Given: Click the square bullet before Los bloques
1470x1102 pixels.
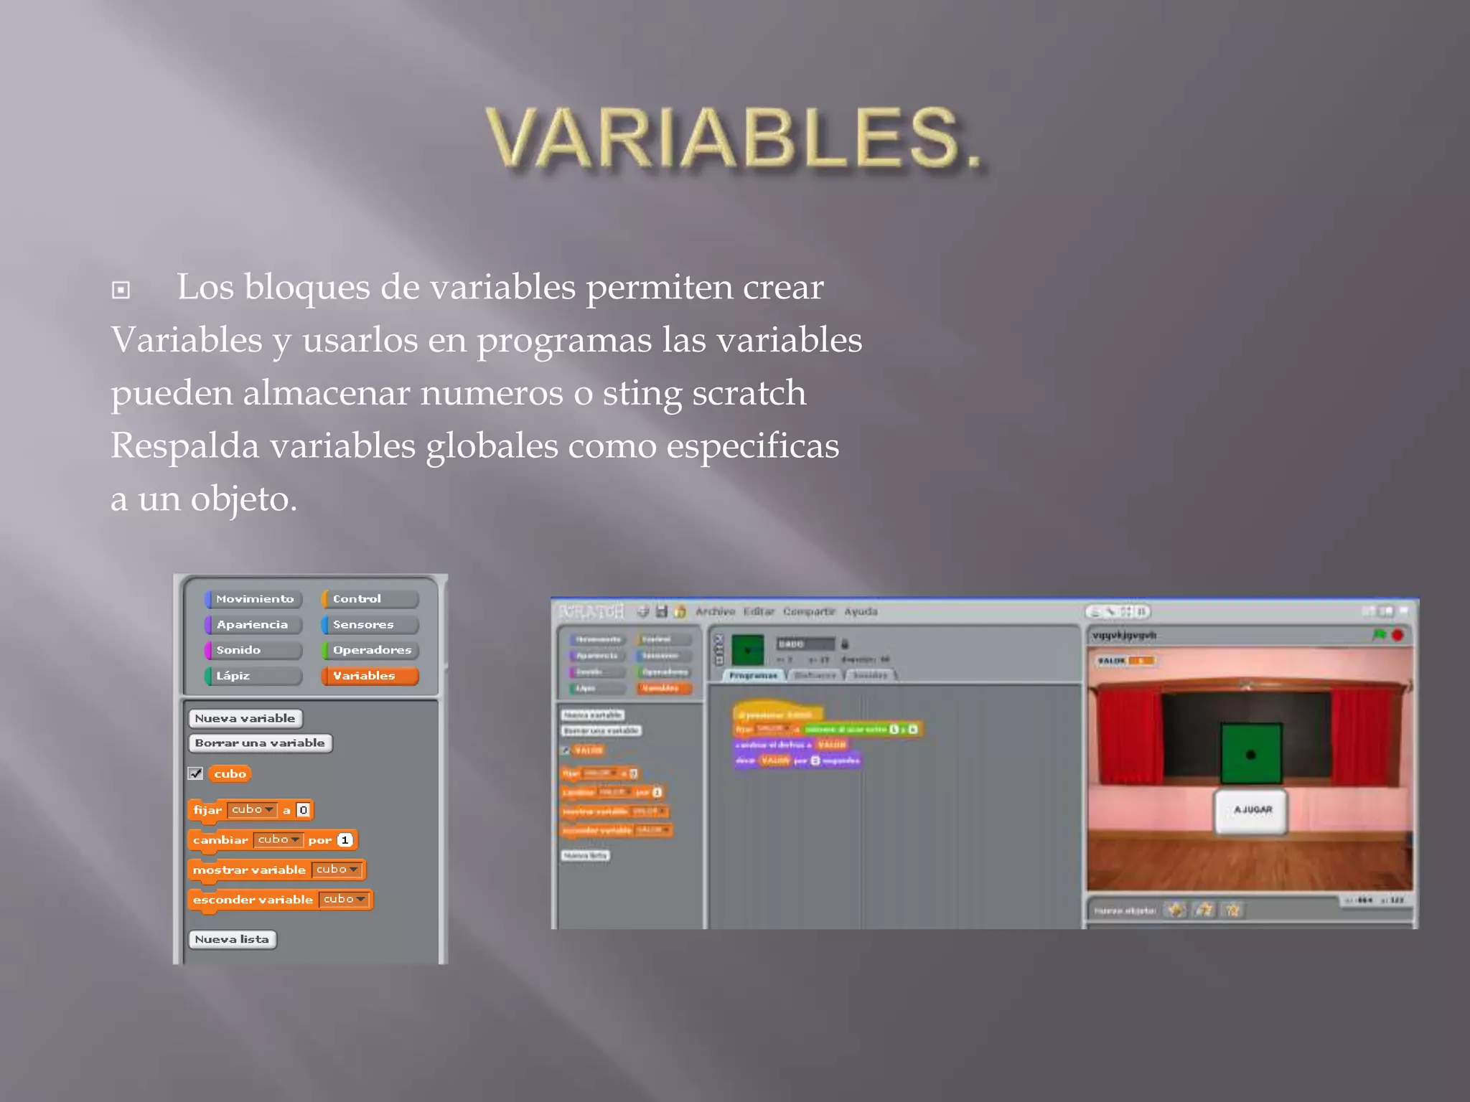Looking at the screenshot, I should click(121, 290).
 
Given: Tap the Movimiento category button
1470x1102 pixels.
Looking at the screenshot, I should click(254, 598).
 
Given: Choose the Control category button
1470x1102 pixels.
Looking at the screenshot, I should click(370, 598).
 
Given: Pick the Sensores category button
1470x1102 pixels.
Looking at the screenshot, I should click(370, 624).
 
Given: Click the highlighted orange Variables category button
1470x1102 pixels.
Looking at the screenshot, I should click(370, 676).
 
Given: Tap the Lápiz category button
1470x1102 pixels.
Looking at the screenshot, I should click(254, 676).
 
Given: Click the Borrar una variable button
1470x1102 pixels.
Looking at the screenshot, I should click(260, 743).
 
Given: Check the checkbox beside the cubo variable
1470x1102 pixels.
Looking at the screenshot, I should click(195, 773).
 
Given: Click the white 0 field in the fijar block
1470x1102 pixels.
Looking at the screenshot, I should click(304, 810).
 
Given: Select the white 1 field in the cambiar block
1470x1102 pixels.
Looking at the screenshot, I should click(345, 840).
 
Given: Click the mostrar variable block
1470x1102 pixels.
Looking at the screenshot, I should click(249, 870).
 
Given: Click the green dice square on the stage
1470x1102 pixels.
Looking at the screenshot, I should click(1251, 753).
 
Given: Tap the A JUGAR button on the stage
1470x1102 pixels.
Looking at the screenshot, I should click(1251, 810).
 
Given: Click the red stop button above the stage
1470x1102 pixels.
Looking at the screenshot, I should click(1397, 635).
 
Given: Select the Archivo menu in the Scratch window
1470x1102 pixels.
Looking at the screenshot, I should click(715, 612).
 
